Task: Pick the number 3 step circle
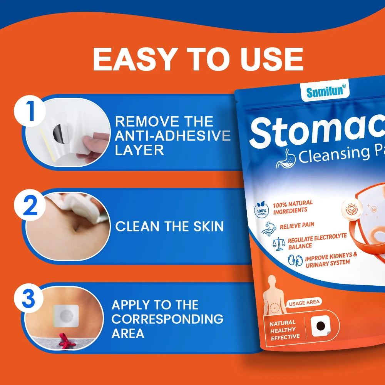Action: pos(29,300)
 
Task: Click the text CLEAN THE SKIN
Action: pos(169,226)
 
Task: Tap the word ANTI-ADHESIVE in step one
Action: pos(173,136)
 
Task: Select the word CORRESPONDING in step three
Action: pos(167,319)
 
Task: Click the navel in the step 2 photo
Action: pos(77,227)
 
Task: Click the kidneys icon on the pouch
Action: pos(296,261)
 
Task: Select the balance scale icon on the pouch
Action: pos(278,243)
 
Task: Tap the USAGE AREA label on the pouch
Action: pos(304,303)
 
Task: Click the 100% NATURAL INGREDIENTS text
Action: pos(293,207)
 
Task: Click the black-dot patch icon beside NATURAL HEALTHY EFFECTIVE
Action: pos(320,326)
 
